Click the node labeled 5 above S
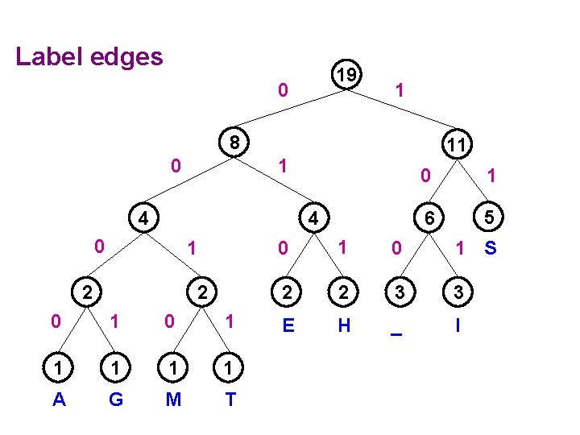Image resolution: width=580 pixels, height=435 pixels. pyautogui.click(x=487, y=217)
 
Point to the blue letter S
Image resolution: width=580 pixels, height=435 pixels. pyautogui.click(x=490, y=249)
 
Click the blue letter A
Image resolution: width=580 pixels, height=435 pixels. pyautogui.click(x=59, y=399)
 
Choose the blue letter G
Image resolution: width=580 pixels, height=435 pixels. pyautogui.click(x=115, y=399)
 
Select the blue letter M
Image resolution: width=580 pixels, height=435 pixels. pyautogui.click(x=173, y=399)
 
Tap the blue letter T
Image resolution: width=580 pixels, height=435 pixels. pyautogui.click(x=230, y=399)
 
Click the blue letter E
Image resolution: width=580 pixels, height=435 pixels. pyautogui.click(x=287, y=325)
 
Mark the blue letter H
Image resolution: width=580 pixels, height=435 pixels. pyautogui.click(x=344, y=325)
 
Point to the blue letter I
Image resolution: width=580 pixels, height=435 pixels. pyautogui.click(x=458, y=325)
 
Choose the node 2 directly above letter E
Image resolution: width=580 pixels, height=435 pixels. pyautogui.click(x=287, y=292)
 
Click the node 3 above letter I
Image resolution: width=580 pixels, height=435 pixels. pyautogui.click(x=458, y=292)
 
